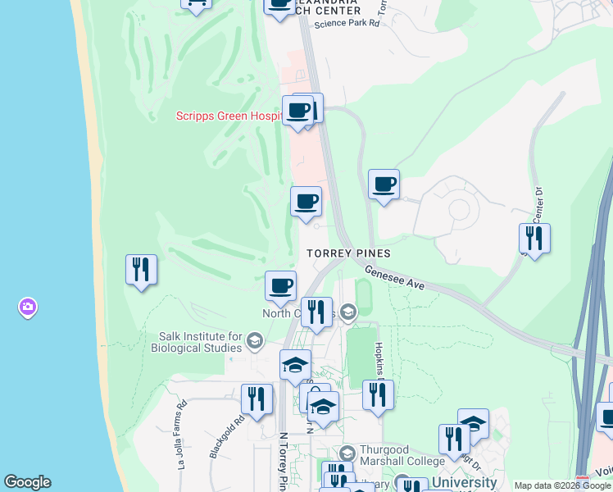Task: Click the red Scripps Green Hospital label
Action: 229,116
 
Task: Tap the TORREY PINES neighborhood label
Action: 348,253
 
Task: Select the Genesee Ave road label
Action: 394,280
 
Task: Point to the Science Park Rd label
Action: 347,23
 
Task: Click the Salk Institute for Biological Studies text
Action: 201,342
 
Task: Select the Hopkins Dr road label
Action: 380,361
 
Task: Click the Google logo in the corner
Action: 27,482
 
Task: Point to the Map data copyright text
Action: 563,485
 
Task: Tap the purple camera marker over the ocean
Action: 27,307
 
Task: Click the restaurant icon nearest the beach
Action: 141,270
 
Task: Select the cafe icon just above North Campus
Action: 280,286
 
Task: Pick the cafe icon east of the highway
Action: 384,184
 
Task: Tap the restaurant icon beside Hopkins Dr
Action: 378,394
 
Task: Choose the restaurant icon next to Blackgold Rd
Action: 257,399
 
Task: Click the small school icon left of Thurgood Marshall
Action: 347,453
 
